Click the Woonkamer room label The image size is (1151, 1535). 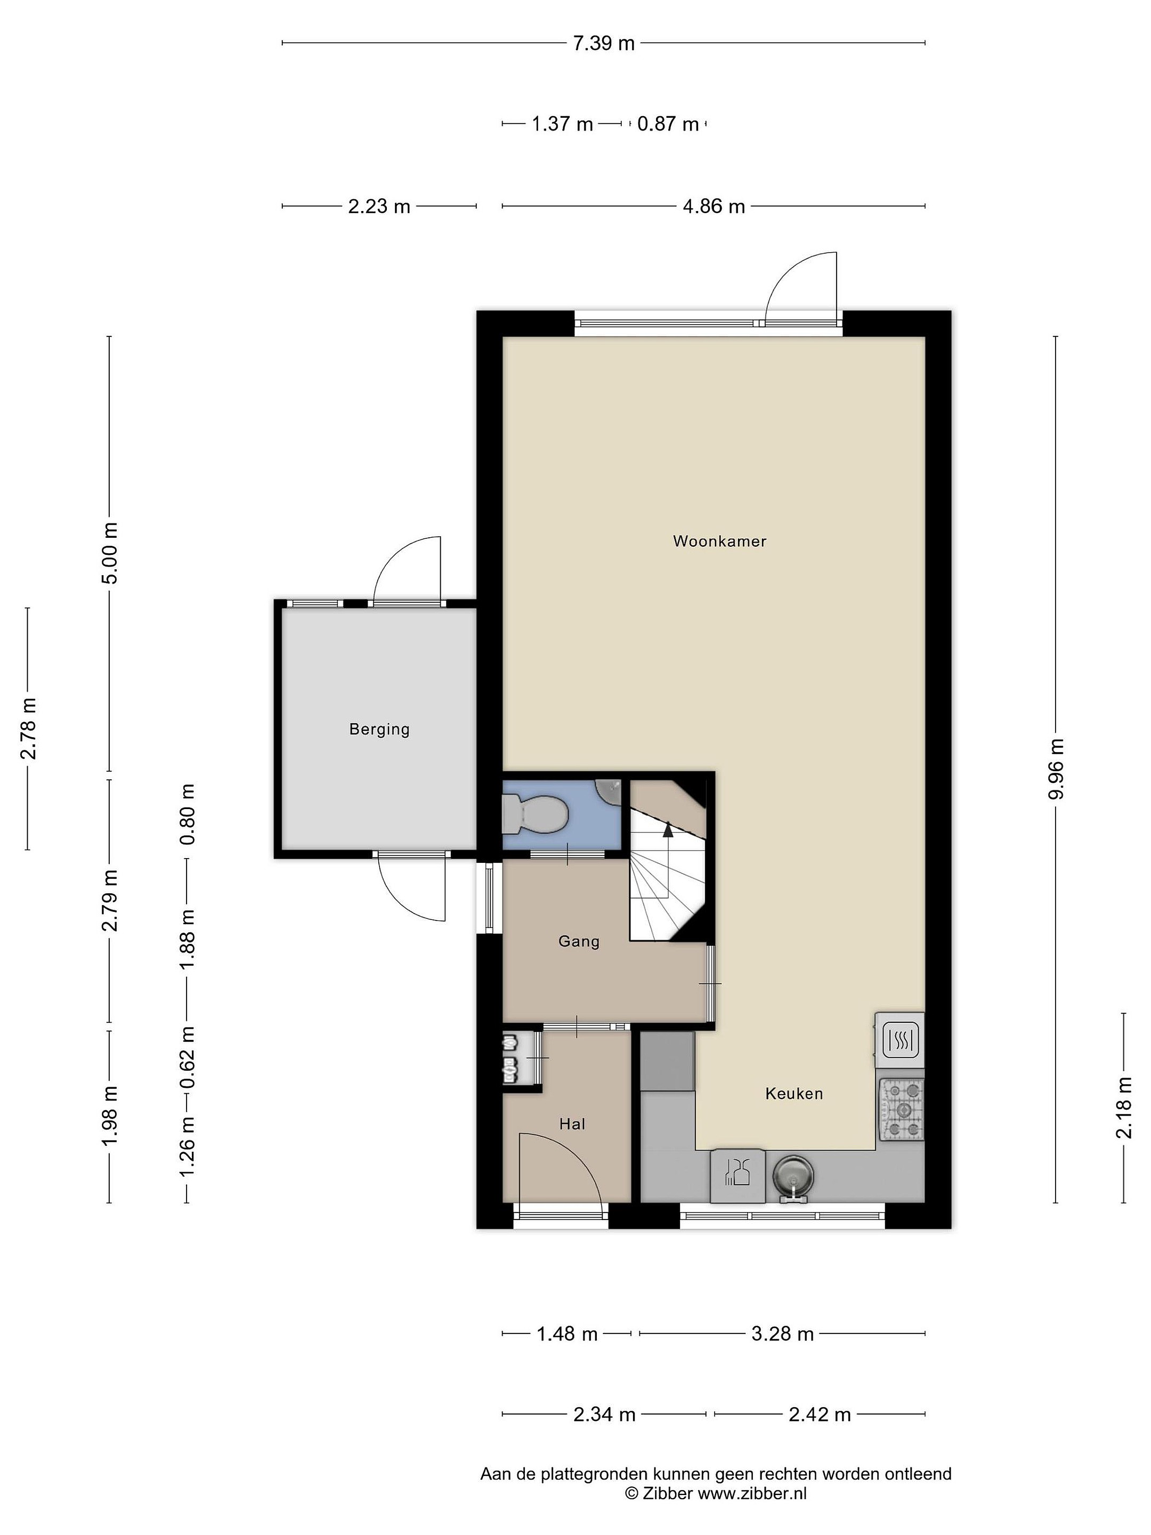[719, 542]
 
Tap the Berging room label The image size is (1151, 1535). [379, 729]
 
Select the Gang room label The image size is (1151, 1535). [579, 942]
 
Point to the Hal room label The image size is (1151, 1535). [572, 1124]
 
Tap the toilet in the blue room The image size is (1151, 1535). [535, 814]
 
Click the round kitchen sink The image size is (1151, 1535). [793, 1177]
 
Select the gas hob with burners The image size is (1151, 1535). [901, 1110]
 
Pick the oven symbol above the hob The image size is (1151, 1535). [901, 1040]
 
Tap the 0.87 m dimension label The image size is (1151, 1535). [668, 124]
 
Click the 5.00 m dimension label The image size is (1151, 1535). [110, 553]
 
